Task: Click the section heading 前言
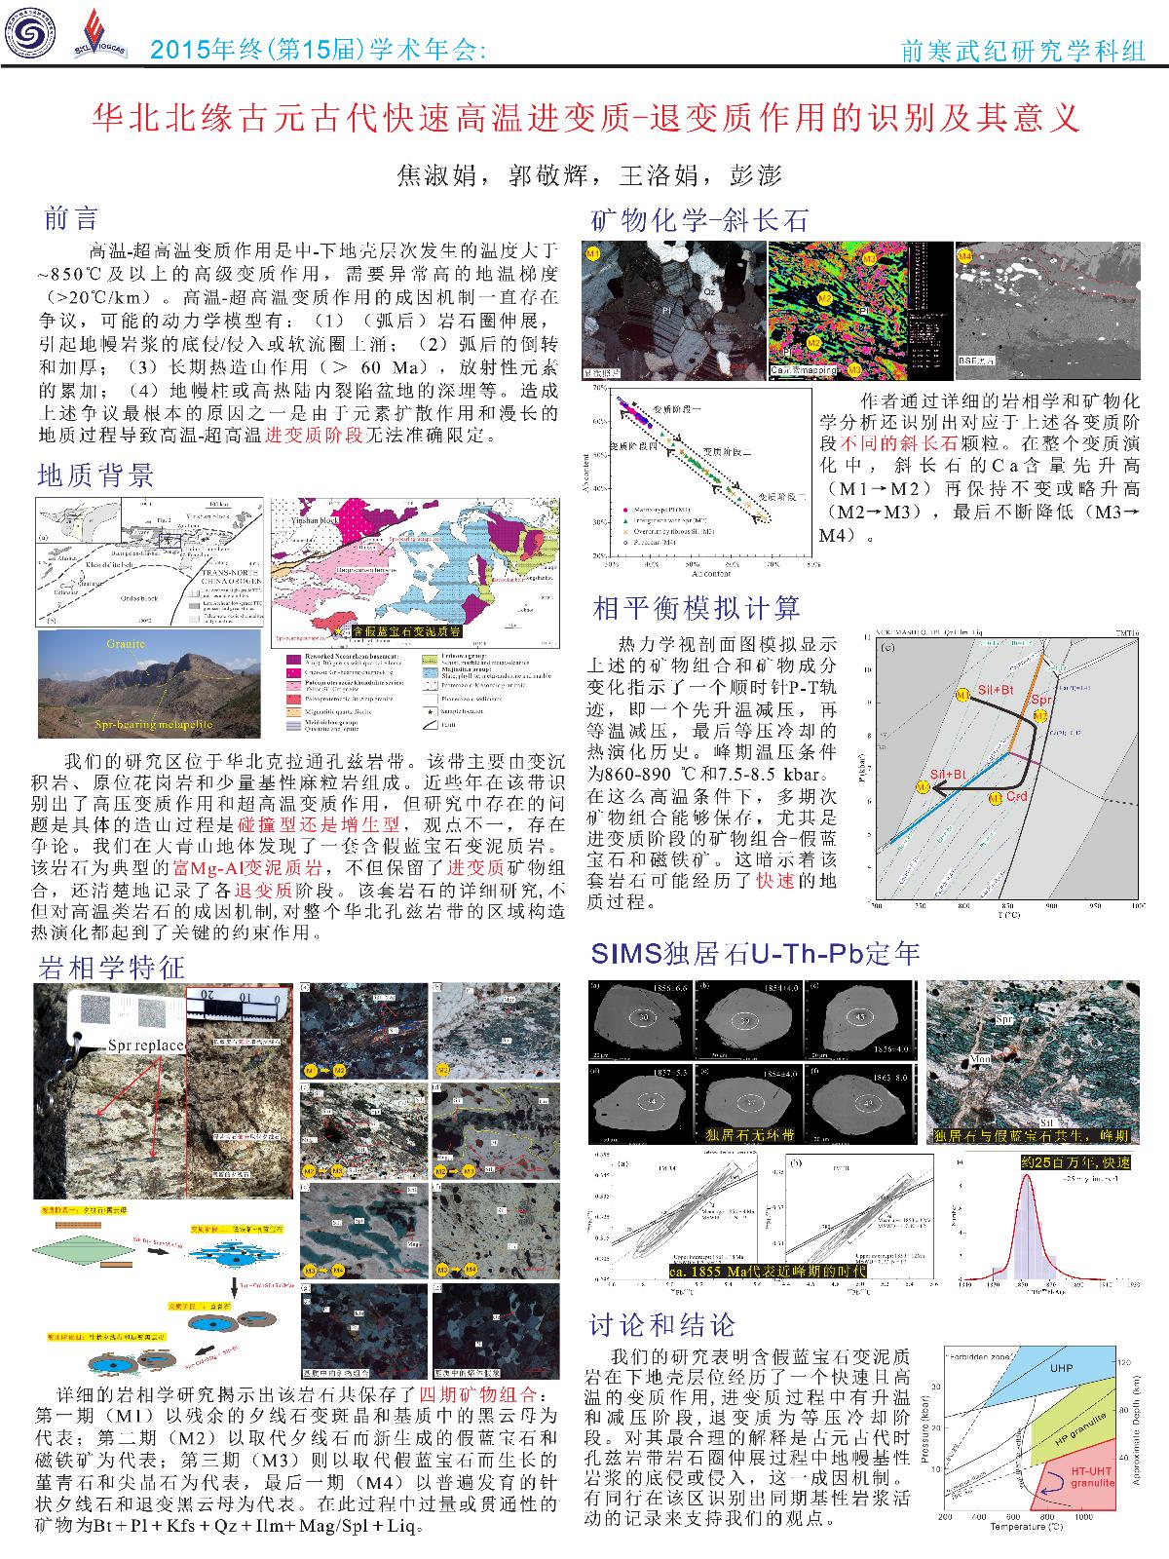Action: click(71, 218)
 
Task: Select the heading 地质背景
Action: click(95, 475)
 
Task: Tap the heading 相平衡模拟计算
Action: click(697, 609)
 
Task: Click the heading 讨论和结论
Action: click(662, 1324)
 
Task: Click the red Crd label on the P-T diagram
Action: click(1017, 797)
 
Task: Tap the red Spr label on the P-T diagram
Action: click(1041, 700)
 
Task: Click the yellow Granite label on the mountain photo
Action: click(128, 644)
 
